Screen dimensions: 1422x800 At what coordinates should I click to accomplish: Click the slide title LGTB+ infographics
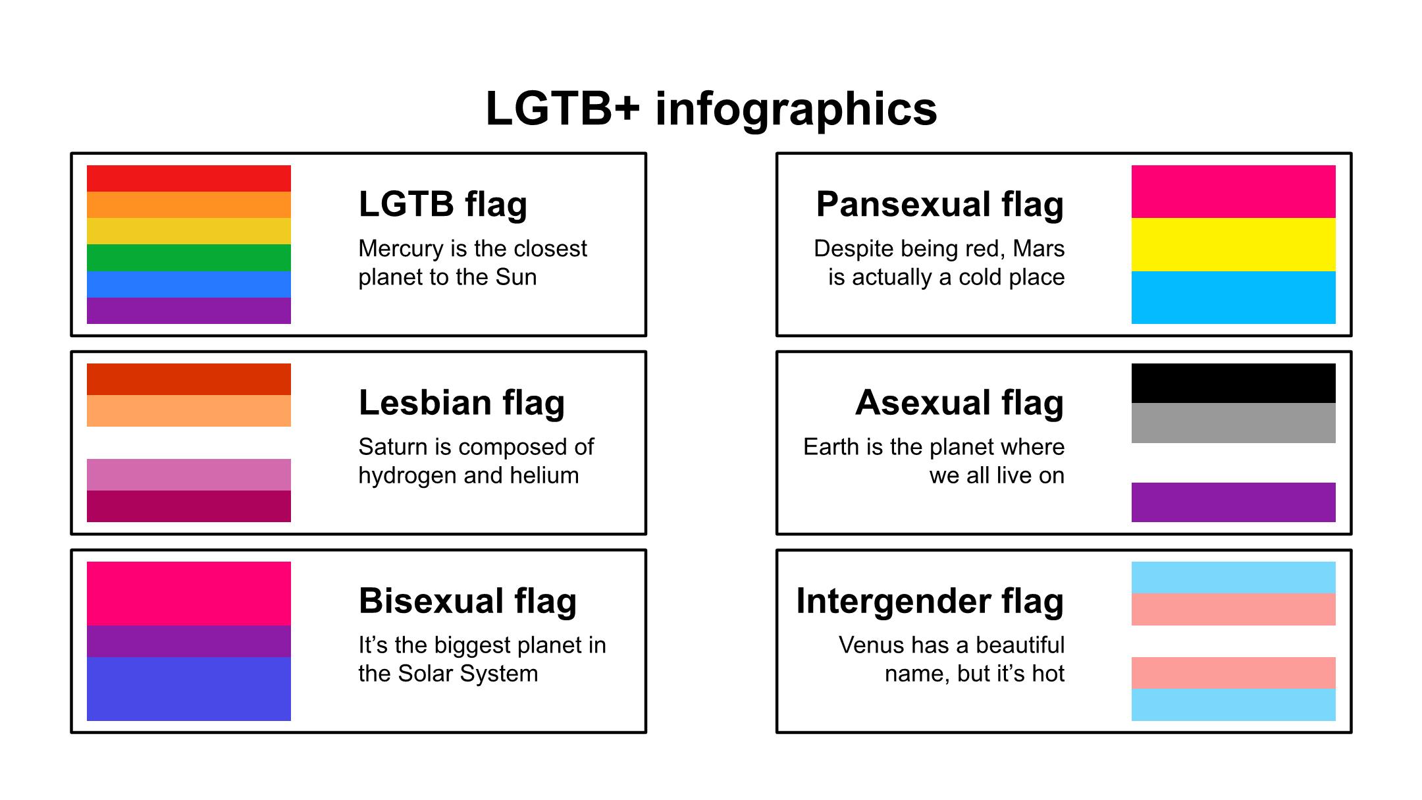tap(711, 109)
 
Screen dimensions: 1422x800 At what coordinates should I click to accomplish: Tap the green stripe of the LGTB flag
tap(189, 257)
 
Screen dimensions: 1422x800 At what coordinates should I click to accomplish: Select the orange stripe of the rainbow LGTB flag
tap(189, 205)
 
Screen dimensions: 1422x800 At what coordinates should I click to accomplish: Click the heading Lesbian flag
tap(461, 402)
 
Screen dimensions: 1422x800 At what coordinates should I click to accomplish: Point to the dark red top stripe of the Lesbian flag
tap(189, 379)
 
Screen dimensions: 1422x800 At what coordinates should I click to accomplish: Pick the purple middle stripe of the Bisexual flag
tap(189, 641)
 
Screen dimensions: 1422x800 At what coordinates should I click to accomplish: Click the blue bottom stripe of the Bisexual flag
tap(189, 689)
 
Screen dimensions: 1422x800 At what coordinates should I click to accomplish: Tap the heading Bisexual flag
tap(467, 600)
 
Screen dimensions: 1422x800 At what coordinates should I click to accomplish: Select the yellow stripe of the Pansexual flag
tap(1233, 244)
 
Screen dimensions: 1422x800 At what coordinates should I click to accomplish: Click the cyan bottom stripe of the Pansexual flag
tap(1233, 298)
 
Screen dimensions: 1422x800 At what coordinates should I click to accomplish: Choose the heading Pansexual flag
tap(939, 204)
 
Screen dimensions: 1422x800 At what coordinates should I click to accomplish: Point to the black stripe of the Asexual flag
tap(1233, 383)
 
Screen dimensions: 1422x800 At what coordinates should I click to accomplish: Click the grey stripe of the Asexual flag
tap(1233, 423)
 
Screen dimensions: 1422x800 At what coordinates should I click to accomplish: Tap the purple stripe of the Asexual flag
tap(1233, 502)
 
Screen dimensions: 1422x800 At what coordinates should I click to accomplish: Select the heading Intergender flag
tap(930, 600)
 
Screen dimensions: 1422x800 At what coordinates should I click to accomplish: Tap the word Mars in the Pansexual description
tap(1038, 249)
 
